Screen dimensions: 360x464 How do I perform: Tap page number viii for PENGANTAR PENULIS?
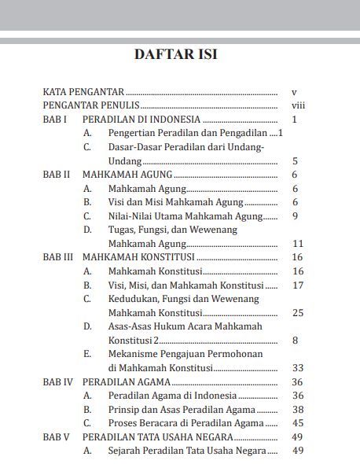click(x=297, y=105)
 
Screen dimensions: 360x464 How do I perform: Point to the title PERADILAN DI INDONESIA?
click(x=141, y=120)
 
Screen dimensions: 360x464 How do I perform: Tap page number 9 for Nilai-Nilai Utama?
click(x=295, y=215)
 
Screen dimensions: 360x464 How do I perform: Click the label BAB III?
click(x=58, y=257)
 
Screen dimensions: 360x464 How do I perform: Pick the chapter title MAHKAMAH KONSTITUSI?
click(x=138, y=257)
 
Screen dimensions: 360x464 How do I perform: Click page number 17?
click(x=297, y=285)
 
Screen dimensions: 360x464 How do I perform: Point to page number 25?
click(x=297, y=312)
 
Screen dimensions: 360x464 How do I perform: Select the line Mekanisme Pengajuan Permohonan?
click(x=185, y=354)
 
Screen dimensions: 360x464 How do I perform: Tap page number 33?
click(x=297, y=367)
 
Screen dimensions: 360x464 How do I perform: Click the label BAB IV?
click(x=58, y=381)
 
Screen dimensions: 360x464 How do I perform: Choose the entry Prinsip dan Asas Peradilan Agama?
click(x=182, y=409)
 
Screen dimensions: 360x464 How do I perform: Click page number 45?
click(x=297, y=422)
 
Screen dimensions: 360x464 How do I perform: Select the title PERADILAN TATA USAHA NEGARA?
click(x=157, y=436)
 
